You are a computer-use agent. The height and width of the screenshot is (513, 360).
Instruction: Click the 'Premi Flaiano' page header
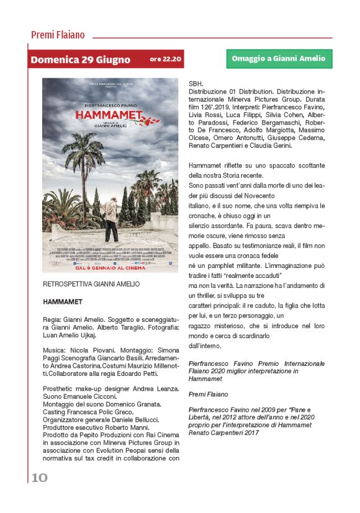click(x=58, y=35)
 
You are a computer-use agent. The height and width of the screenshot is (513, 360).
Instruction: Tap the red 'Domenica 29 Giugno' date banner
click(x=80, y=60)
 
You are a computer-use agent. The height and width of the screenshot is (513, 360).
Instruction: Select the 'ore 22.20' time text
click(x=166, y=60)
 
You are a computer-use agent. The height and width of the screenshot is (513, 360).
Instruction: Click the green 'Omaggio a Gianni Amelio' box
click(x=278, y=59)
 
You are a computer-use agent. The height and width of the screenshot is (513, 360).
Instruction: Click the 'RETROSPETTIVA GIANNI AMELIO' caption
click(x=91, y=284)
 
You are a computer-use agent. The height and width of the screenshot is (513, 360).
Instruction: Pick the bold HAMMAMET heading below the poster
click(x=63, y=301)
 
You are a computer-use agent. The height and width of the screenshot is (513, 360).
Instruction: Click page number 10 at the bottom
click(x=38, y=476)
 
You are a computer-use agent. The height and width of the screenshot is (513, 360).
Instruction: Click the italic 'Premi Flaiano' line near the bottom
click(x=209, y=394)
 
